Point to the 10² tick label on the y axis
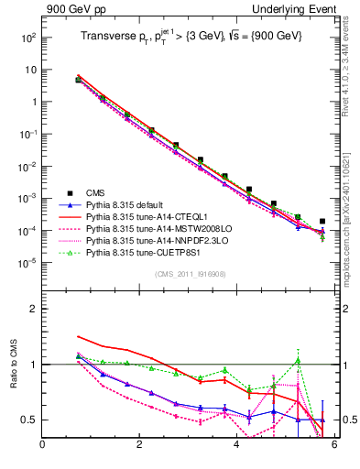pyautogui.click(x=29, y=38)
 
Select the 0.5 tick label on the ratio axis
pyautogui.click(x=27, y=420)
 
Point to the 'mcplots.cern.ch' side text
pyautogui.click(x=352, y=229)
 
